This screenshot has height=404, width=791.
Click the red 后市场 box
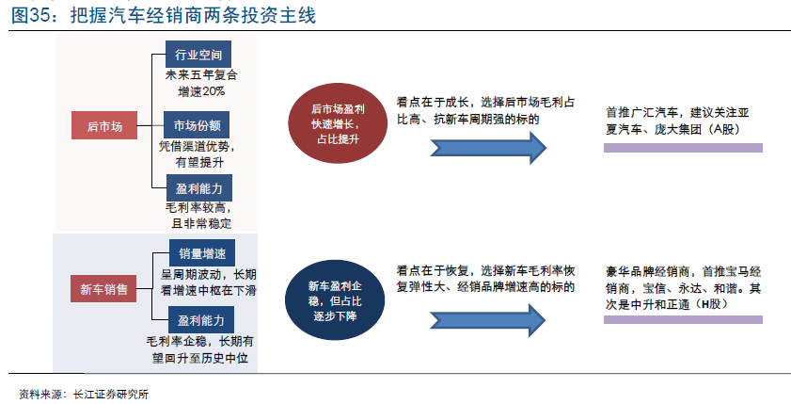tap(104, 125)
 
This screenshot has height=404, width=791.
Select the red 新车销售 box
tap(103, 289)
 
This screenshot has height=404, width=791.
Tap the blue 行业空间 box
tap(198, 55)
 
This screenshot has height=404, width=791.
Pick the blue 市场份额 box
tap(197, 124)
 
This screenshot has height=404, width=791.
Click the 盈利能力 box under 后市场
tap(199, 187)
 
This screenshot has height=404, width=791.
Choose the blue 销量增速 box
tap(202, 253)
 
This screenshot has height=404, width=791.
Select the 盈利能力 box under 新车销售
tap(201, 320)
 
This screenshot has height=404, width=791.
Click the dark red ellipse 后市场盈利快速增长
tap(338, 123)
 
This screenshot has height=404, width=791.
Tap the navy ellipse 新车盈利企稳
tap(335, 300)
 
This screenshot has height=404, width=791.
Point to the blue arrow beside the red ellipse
tap(488, 148)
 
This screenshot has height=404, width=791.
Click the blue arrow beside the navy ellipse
tap(488, 320)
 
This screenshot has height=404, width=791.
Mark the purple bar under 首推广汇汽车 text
tap(683, 148)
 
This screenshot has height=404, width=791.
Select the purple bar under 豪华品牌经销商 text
tap(683, 319)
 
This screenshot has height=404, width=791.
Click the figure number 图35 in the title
tap(30, 15)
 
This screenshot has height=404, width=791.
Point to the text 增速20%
tap(201, 91)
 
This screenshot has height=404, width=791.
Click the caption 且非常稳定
tap(201, 223)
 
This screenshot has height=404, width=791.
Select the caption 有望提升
tap(199, 162)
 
